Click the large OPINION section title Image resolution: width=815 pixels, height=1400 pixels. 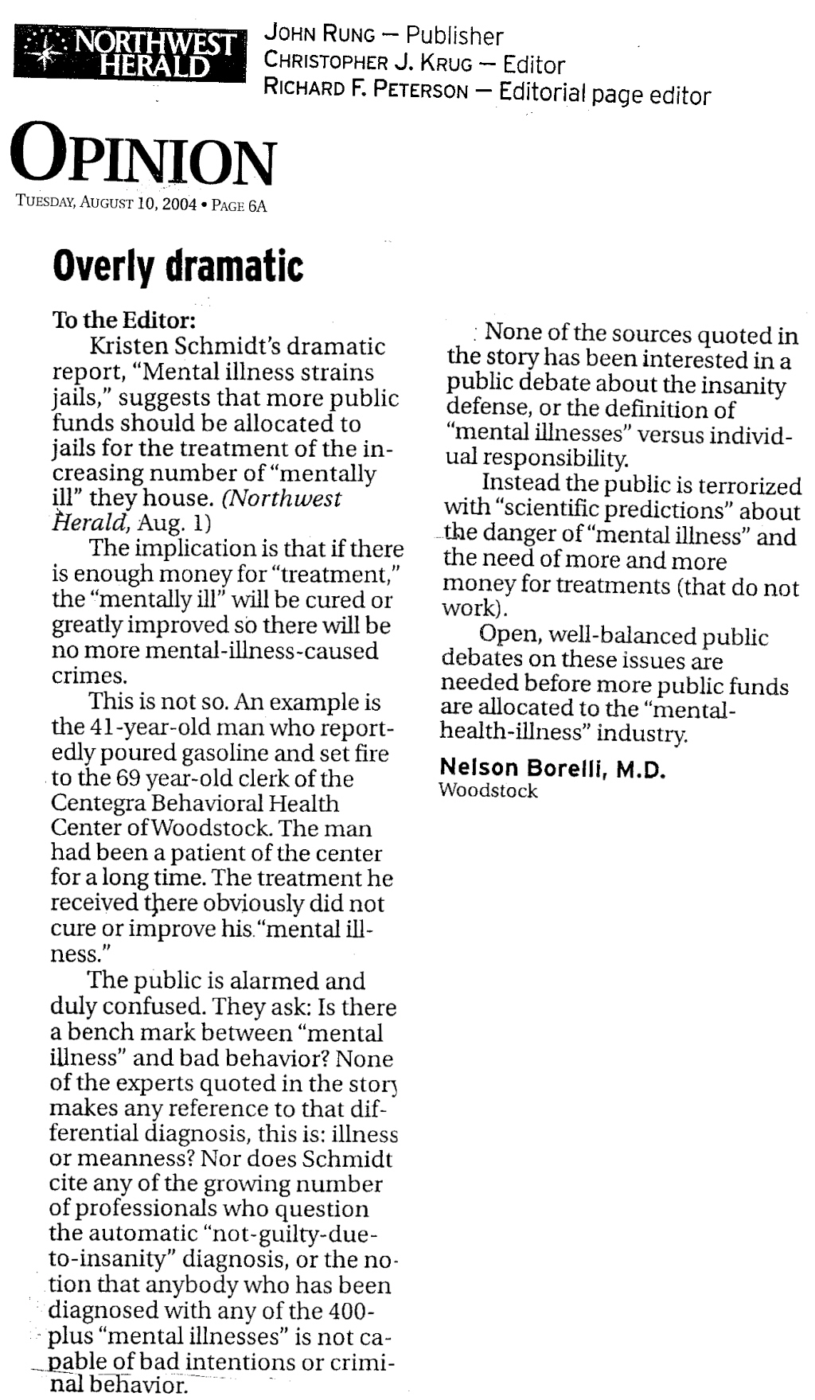(142, 161)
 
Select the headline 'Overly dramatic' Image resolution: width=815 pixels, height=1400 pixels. (177, 266)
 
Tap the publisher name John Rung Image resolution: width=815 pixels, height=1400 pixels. (319, 34)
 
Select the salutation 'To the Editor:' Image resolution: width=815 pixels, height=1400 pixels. (123, 320)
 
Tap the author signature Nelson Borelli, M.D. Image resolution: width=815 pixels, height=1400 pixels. (552, 768)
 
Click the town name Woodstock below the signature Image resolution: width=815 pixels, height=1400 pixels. (488, 791)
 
